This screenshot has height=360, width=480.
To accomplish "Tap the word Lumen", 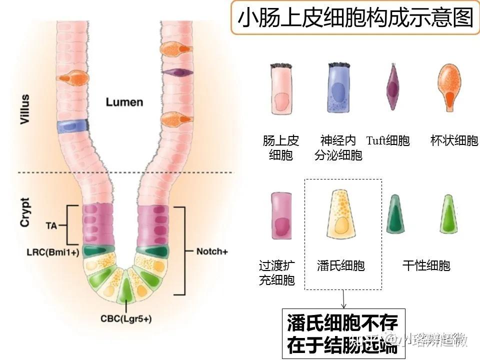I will pos(124,102).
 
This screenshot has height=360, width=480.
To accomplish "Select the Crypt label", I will pos(25,212).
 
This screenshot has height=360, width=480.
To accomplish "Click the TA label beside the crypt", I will pos(51,226).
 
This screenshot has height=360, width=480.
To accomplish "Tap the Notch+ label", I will pos(212,251).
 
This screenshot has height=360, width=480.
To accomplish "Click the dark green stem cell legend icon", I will pos(397,215).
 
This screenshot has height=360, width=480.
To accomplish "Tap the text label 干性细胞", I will pos(426,265).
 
